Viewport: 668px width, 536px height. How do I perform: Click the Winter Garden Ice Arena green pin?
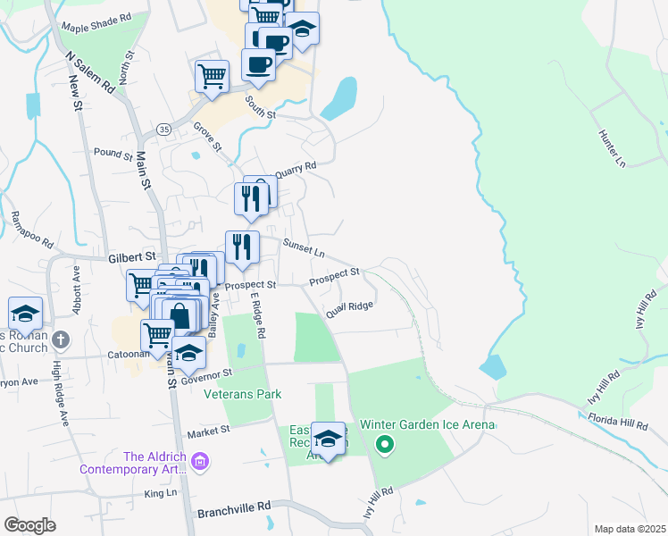click(x=385, y=443)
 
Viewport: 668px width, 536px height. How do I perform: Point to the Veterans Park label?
click(x=242, y=394)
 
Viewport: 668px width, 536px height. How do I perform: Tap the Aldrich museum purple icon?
click(x=201, y=461)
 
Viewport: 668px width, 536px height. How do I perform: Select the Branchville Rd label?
click(x=234, y=505)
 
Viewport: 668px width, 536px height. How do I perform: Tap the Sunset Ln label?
click(x=303, y=247)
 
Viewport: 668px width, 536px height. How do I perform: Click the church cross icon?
click(x=60, y=339)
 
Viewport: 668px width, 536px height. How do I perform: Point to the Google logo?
click(x=29, y=525)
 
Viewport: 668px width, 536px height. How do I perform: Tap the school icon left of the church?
click(x=25, y=314)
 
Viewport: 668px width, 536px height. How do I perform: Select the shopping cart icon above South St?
click(x=213, y=76)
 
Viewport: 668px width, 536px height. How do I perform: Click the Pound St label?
click(x=113, y=154)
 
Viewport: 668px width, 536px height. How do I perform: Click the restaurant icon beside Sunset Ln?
click(x=242, y=247)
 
